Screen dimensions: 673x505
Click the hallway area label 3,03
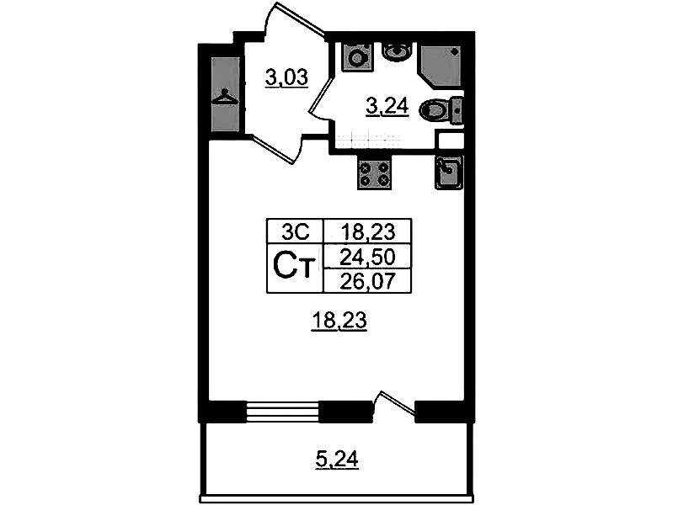coord(286,79)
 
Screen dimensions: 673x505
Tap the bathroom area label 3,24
coord(387,106)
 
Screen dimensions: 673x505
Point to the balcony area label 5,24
coord(337,460)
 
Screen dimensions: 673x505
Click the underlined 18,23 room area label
coord(339,321)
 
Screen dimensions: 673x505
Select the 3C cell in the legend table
coord(295,232)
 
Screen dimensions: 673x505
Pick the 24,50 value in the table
coord(367,257)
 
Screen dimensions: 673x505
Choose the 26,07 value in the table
coord(367,281)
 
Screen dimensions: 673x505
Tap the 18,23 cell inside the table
coord(367,232)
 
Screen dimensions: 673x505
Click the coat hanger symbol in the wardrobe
coord(226,97)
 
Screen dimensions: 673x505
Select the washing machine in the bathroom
coord(355,56)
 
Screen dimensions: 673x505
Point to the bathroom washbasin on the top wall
coord(398,50)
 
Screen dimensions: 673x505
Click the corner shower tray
coord(441,66)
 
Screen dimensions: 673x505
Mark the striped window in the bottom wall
coord(283,412)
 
